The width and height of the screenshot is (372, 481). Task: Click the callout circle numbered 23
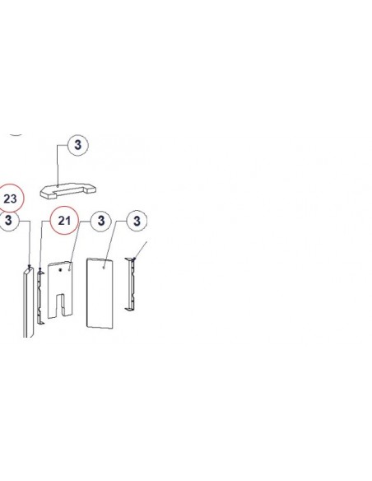coord(10,198)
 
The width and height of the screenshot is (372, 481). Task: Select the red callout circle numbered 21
coord(64,220)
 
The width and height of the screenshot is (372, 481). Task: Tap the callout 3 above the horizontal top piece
coord(78,144)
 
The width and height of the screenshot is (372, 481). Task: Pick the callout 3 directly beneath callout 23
coord(8,220)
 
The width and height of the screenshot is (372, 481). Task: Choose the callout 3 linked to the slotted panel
coord(101,221)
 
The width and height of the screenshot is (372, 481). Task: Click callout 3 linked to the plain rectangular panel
coord(137,221)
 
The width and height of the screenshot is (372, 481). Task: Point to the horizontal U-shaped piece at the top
coord(68,191)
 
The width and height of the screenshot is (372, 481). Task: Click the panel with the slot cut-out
coord(60,290)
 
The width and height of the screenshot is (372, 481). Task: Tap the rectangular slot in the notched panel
coord(61,305)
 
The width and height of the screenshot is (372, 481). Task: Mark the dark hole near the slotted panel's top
coord(61,270)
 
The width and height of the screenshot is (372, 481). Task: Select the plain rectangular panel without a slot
coord(100,293)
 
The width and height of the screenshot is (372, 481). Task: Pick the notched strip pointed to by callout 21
coord(40,296)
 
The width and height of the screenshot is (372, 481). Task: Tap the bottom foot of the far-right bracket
coord(129,308)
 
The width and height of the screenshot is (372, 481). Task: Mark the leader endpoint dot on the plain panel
coord(105,268)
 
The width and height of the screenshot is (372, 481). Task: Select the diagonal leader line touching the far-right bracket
coord(141,250)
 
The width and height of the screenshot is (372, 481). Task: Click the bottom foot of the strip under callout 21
coord(41,322)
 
